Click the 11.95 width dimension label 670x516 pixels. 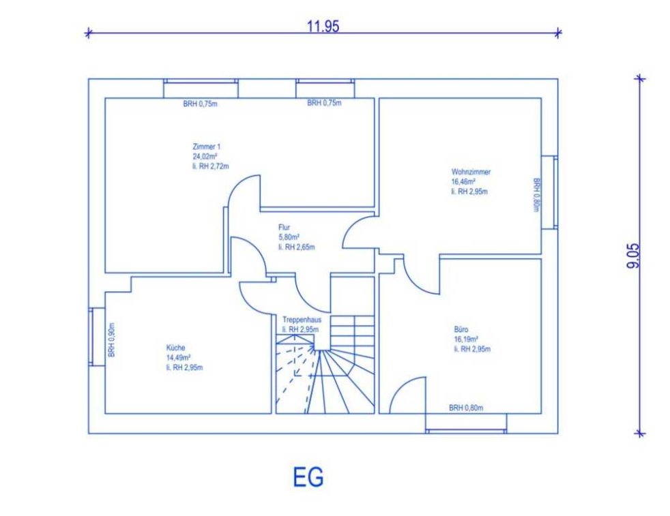(x=323, y=27)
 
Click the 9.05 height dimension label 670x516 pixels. (x=634, y=256)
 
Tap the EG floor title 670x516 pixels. (x=308, y=477)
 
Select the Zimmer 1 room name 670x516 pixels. (x=206, y=147)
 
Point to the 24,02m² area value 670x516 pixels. (x=205, y=156)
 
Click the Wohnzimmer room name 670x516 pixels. (x=471, y=172)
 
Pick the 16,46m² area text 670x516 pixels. (x=464, y=182)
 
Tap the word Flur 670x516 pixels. (x=284, y=228)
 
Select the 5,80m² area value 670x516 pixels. (x=289, y=237)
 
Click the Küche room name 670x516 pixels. (x=175, y=348)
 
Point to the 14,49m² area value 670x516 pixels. (x=178, y=358)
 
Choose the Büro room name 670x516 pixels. (x=461, y=329)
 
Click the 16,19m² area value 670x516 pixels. (x=466, y=339)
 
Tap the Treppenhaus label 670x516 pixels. (x=302, y=320)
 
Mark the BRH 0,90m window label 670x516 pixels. (x=111, y=339)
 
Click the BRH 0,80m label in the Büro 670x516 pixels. (x=466, y=408)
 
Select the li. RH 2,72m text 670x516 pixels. (x=211, y=166)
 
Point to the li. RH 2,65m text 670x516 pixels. (x=297, y=247)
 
